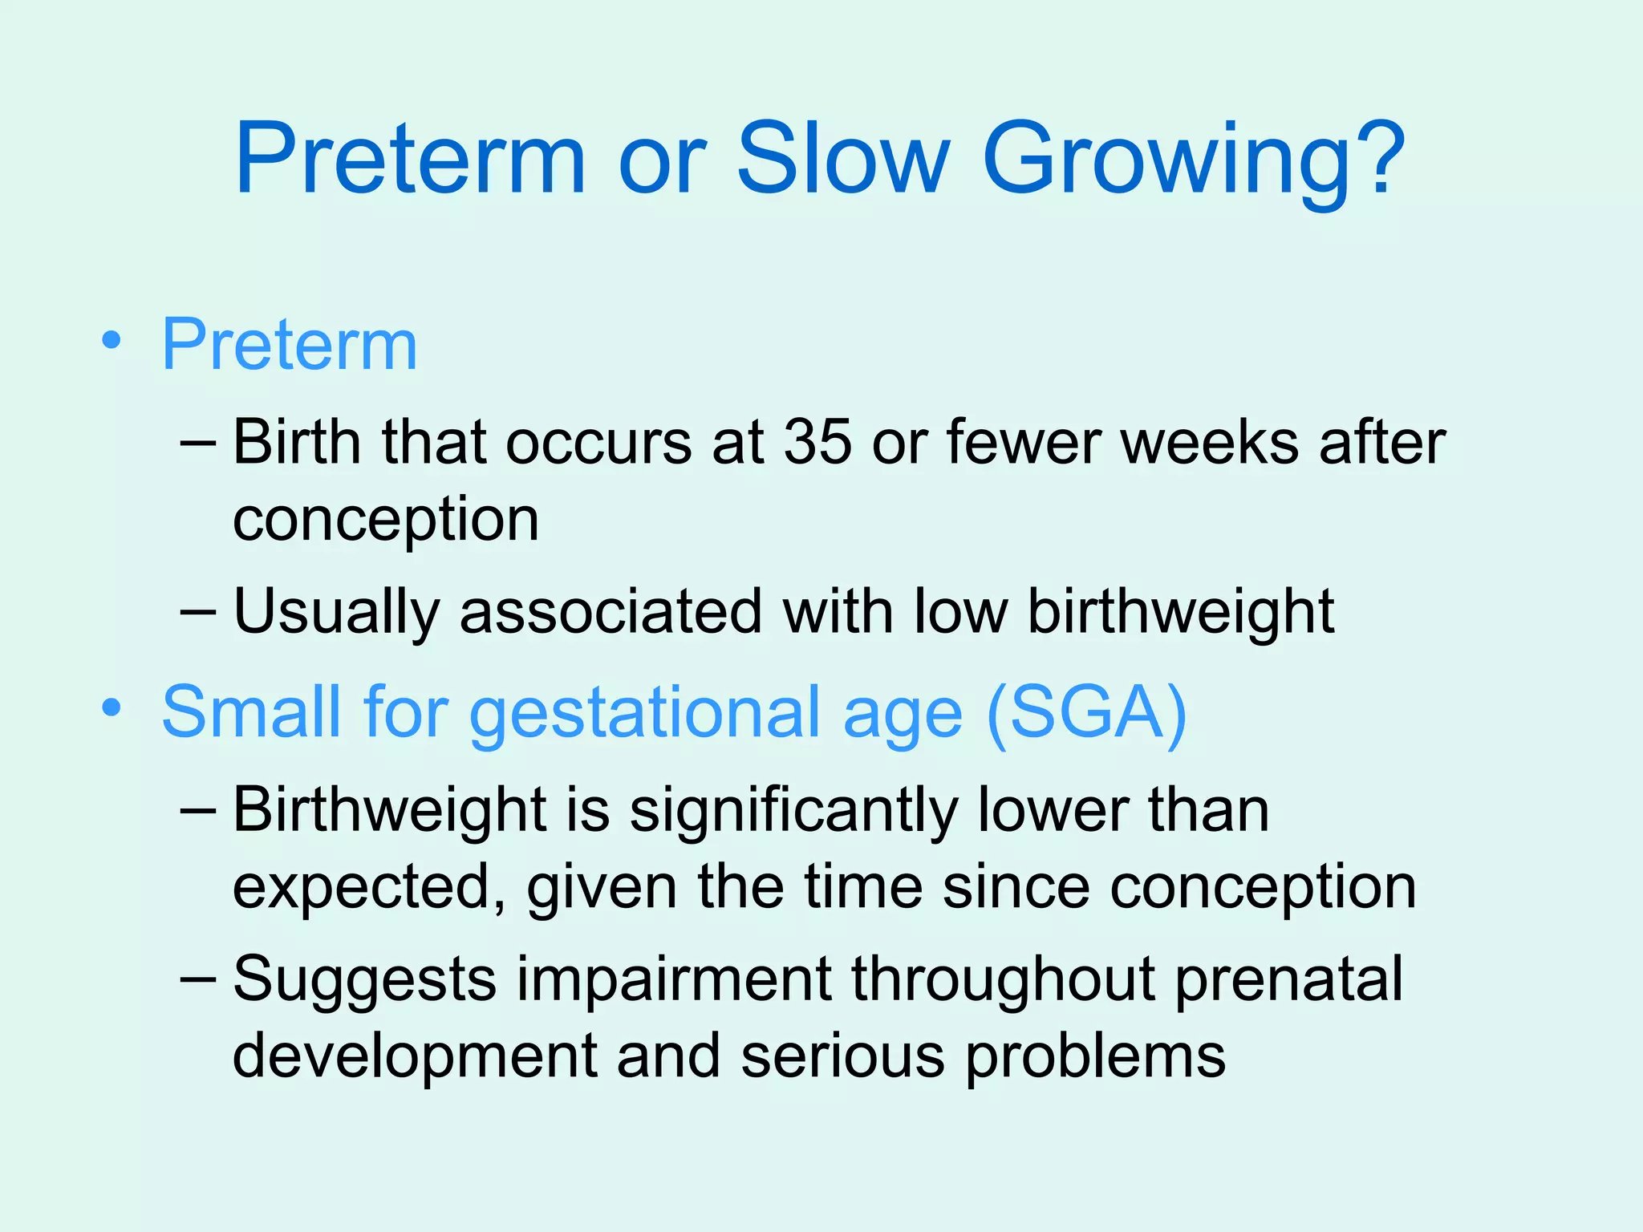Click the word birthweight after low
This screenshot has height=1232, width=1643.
1181,611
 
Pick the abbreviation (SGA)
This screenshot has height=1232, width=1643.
1086,712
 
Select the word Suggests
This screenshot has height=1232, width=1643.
364,981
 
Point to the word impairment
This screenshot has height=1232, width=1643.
673,979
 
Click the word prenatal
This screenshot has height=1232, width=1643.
1288,979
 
